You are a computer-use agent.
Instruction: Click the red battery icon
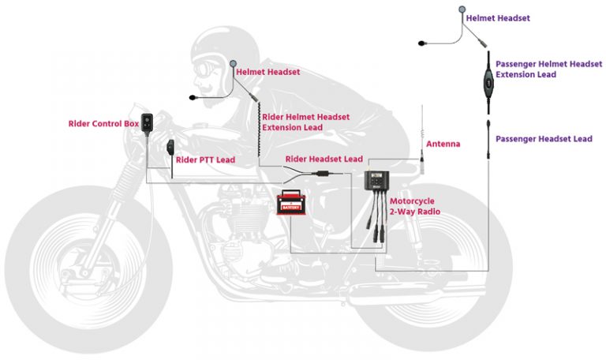click(x=291, y=202)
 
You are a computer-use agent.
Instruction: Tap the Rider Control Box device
click(x=147, y=123)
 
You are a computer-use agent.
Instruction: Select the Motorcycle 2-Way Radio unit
click(x=376, y=181)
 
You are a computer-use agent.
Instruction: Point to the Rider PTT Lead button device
click(x=170, y=148)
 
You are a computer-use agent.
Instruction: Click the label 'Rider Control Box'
click(x=103, y=124)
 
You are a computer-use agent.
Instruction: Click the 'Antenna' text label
click(x=443, y=144)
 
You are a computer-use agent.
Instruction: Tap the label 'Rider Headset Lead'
click(x=324, y=159)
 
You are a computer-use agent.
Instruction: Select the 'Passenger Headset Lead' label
click(x=544, y=139)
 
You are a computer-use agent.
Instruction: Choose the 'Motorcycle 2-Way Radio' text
click(x=415, y=206)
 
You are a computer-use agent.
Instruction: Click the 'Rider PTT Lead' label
click(x=205, y=159)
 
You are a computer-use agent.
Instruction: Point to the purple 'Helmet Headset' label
click(x=498, y=18)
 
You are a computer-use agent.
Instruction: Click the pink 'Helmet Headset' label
click(x=267, y=72)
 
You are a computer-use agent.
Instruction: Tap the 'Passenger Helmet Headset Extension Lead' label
click(x=549, y=69)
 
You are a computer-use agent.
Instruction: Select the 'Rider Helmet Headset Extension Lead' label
click(x=305, y=122)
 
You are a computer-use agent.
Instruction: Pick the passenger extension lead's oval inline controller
click(x=488, y=82)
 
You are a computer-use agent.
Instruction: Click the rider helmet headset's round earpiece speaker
click(x=233, y=63)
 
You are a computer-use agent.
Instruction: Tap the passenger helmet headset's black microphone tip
click(x=421, y=43)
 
